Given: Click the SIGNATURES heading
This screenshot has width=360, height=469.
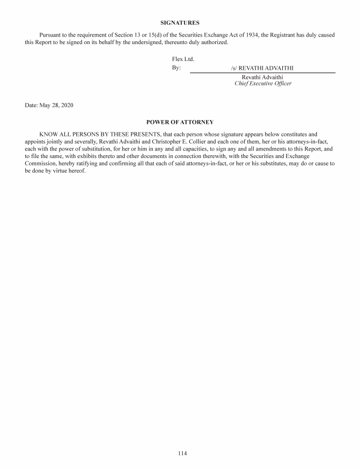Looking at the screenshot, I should pyautogui.click(x=180, y=23).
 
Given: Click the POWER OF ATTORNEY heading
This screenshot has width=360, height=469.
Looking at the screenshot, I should pyautogui.click(x=180, y=122).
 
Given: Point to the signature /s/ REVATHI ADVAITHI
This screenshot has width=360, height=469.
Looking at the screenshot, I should pyautogui.click(x=262, y=68).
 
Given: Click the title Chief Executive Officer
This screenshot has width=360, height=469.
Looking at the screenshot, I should pyautogui.click(x=262, y=83).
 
